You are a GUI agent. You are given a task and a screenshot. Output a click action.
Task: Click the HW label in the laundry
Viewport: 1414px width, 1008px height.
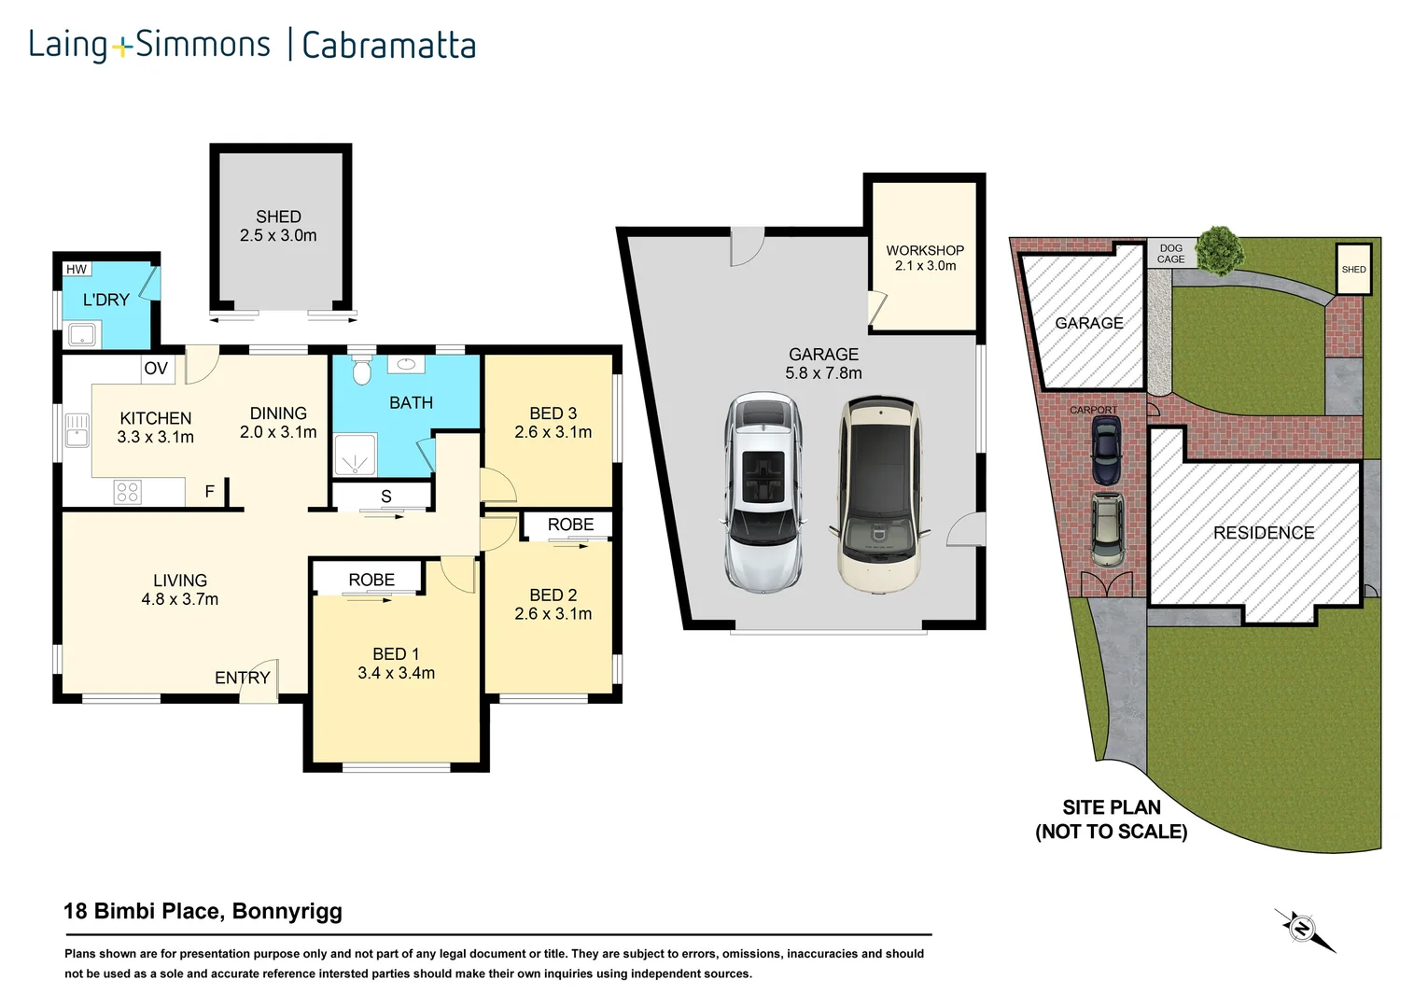click(x=77, y=270)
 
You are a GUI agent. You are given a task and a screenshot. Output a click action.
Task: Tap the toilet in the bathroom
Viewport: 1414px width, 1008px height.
click(x=362, y=371)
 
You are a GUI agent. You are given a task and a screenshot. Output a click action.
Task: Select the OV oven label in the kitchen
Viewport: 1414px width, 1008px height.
click(x=156, y=369)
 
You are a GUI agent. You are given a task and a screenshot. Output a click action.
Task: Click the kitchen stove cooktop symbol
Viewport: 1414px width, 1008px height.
click(x=127, y=492)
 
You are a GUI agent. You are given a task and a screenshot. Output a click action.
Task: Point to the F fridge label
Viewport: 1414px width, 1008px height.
click(x=209, y=492)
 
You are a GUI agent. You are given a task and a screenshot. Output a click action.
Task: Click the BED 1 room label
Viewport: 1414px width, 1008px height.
click(x=396, y=654)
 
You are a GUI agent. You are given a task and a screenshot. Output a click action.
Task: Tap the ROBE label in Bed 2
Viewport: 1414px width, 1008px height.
click(x=570, y=525)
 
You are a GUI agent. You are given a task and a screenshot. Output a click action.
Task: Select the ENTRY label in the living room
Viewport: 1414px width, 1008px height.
click(x=242, y=678)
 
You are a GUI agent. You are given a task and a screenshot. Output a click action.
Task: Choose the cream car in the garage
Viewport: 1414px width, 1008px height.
click(x=877, y=496)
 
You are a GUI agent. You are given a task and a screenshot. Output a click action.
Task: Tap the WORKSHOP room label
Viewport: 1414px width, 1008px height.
click(x=924, y=250)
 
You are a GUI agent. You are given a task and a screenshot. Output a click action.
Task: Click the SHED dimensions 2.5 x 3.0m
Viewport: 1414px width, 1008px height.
click(x=278, y=236)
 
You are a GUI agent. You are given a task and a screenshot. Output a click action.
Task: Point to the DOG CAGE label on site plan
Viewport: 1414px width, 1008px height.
click(x=1170, y=254)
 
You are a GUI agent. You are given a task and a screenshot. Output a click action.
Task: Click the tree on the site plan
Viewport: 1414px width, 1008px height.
click(x=1219, y=250)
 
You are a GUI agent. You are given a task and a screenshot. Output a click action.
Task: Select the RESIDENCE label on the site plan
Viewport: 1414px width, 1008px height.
click(x=1263, y=533)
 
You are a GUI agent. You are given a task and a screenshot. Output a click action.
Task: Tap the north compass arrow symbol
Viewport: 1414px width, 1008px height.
click(x=1303, y=930)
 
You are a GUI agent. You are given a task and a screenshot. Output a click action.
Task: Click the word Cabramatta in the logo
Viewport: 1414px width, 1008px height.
click(x=389, y=46)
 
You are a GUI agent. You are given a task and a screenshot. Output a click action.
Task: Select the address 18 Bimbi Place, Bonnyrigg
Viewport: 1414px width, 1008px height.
click(x=203, y=912)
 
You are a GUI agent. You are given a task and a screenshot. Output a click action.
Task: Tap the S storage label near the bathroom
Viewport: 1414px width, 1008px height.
click(x=385, y=497)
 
